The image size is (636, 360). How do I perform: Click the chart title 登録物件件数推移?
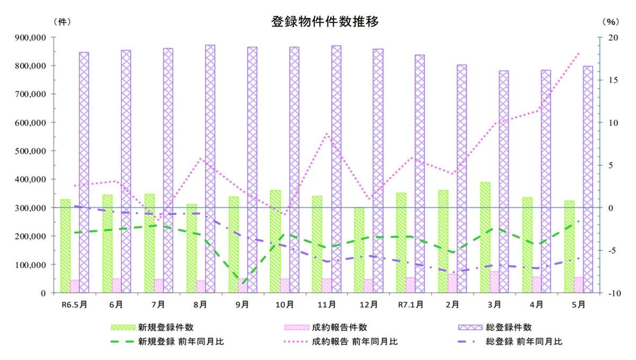click(324, 22)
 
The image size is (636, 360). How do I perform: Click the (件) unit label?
click(61, 22)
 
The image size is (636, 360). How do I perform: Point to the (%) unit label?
click(610, 22)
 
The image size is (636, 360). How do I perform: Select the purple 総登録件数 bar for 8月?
click(210, 169)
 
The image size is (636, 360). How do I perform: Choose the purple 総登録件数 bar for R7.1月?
click(420, 173)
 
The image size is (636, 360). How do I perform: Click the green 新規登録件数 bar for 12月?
click(359, 250)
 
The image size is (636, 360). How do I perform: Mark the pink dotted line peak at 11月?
click(327, 134)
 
